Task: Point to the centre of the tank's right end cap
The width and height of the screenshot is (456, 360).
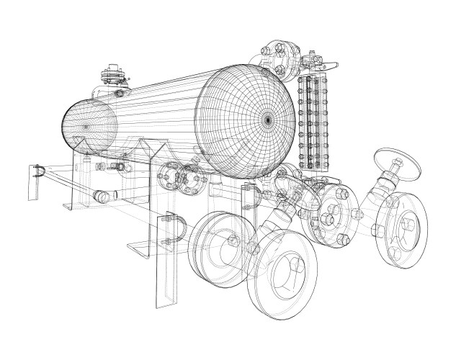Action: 267,120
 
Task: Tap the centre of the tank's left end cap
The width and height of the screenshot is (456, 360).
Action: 88,127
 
